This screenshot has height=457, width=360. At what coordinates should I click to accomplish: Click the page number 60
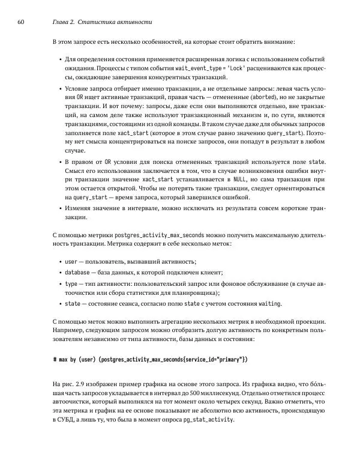click(x=21, y=22)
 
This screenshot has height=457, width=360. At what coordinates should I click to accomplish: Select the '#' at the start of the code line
click(x=56, y=359)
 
